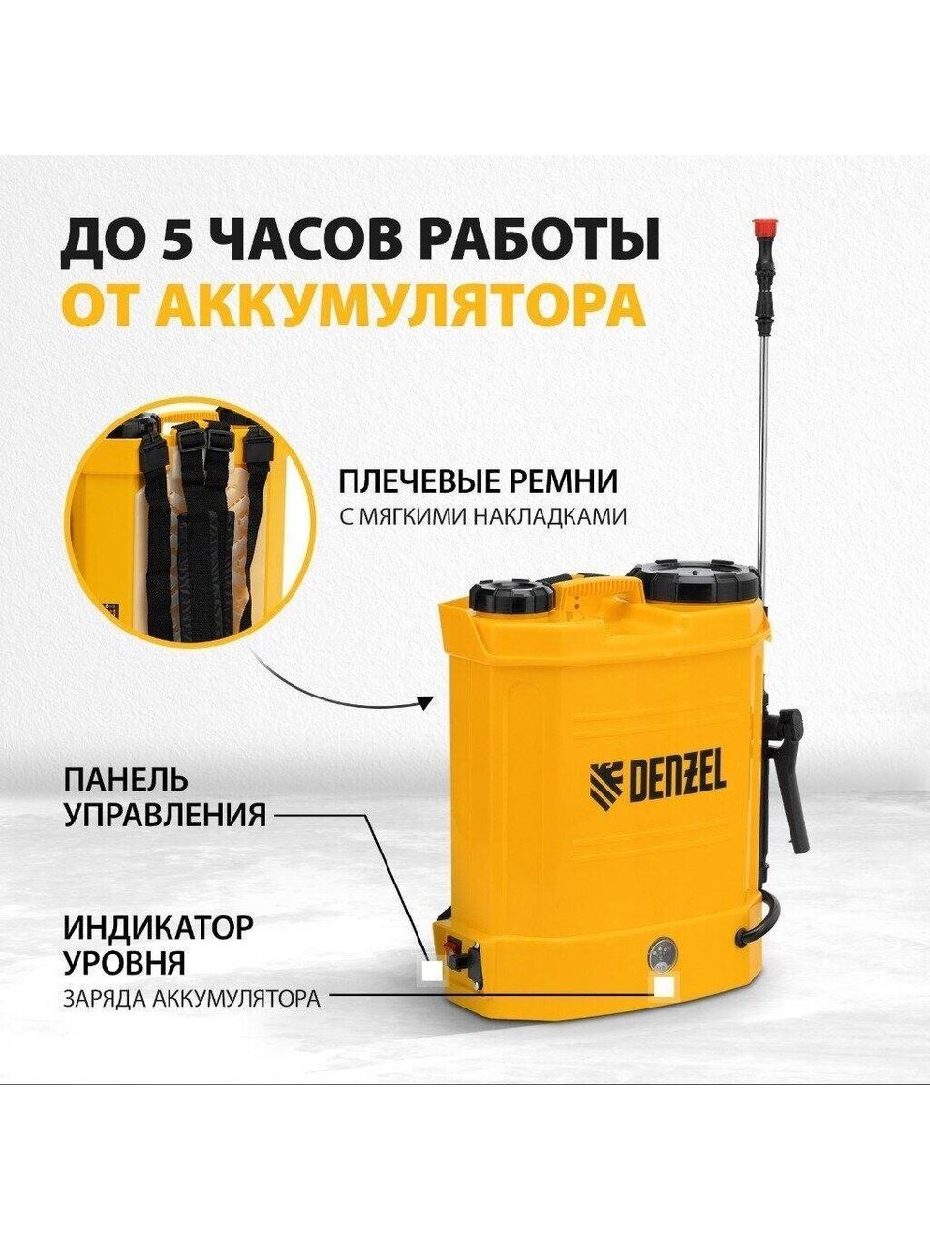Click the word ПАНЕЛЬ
125,781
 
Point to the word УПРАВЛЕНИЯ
165,815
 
